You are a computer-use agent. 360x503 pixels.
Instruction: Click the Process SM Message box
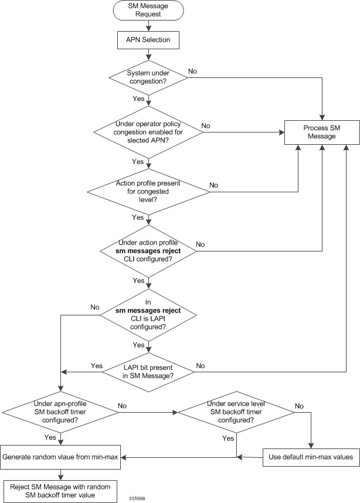click(322, 133)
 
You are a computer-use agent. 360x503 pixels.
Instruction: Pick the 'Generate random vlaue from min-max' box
click(62, 457)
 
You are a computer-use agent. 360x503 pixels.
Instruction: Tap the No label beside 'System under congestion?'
click(192, 71)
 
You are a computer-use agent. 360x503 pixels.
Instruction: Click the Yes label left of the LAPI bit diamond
click(96, 365)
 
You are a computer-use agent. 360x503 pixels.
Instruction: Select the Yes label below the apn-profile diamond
click(49, 437)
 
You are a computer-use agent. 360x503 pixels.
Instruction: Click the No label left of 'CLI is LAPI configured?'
click(94, 307)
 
